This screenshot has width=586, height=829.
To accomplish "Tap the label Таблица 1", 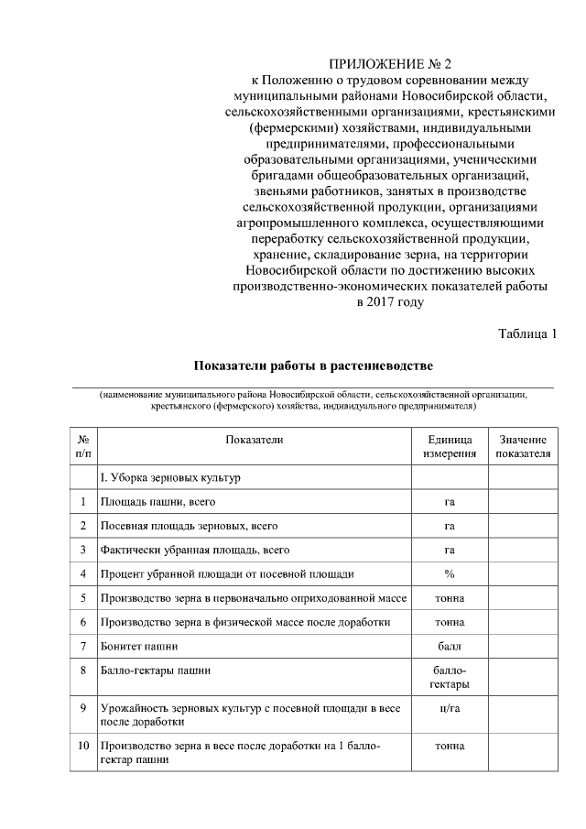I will coord(527,333).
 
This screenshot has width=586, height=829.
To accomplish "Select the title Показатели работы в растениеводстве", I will coord(312,366).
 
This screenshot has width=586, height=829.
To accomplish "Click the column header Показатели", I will coord(255,440).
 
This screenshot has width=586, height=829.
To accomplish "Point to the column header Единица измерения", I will coord(450,446).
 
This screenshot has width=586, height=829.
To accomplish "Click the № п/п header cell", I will coord(83,446).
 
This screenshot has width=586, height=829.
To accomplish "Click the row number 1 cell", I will coord(83,502).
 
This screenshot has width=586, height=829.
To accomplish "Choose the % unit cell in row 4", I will coord(450,574).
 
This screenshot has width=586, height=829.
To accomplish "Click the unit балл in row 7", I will coord(450,646).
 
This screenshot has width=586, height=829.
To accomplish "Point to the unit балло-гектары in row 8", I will coord(450,677).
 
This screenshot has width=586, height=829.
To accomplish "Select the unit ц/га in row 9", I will coord(450,708).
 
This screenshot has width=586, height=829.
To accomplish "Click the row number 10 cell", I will coord(83,746).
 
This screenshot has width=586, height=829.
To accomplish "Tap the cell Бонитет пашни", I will coord(139,646).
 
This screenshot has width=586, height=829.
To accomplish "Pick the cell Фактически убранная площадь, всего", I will coord(195,551).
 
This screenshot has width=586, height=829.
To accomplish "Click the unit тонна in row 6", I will coord(450,622).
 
